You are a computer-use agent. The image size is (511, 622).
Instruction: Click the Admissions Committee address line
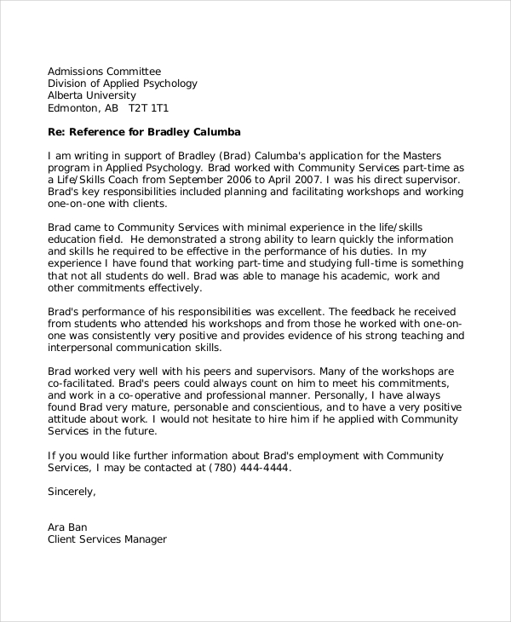click(104, 71)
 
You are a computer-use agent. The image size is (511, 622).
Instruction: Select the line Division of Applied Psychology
click(122, 84)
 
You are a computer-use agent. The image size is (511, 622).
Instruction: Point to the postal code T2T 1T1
click(149, 109)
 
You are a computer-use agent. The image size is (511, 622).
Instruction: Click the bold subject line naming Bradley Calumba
click(144, 132)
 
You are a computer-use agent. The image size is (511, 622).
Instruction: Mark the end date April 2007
click(305, 181)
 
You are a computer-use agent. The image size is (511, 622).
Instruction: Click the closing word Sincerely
click(72, 492)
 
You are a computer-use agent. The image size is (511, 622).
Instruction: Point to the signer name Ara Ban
click(67, 527)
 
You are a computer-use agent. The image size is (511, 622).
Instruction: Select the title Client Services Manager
click(107, 540)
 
